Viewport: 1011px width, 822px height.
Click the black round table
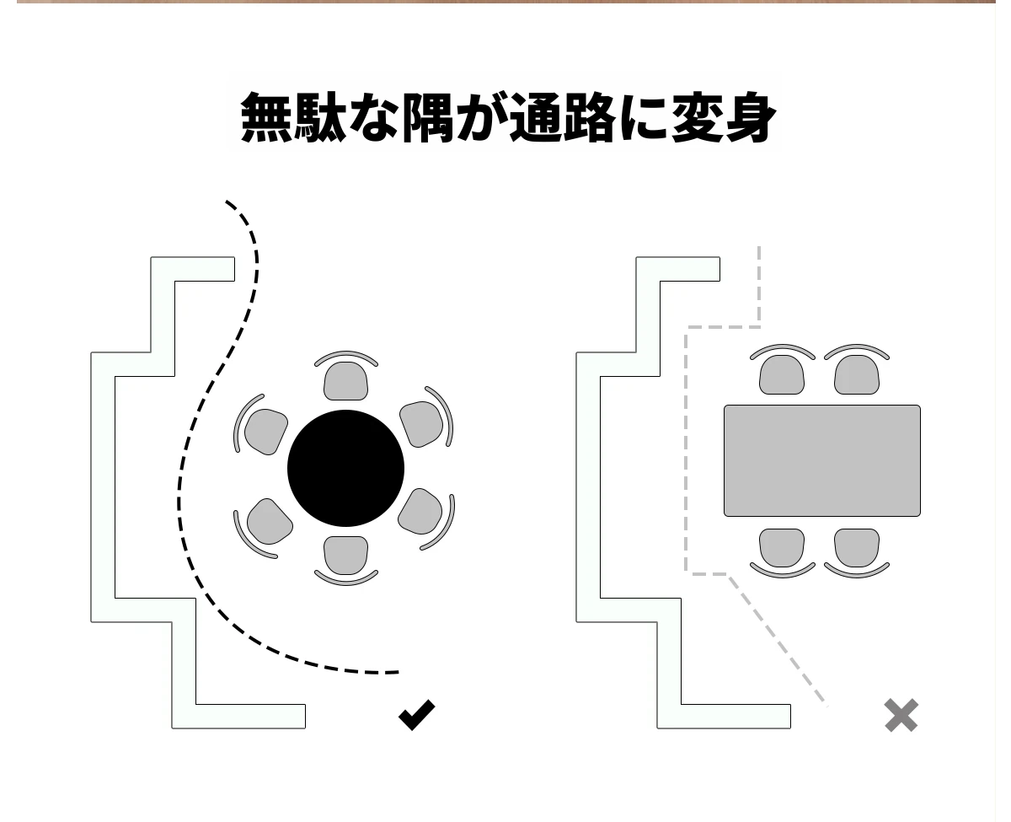(345, 468)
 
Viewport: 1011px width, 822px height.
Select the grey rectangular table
(821, 460)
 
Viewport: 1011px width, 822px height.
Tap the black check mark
(417, 715)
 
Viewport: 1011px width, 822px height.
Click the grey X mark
(901, 715)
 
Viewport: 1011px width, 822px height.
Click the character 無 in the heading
(266, 117)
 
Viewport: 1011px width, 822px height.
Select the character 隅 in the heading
(428, 117)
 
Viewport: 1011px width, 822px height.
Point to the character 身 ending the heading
(750, 117)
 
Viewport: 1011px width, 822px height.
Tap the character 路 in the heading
(589, 117)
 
